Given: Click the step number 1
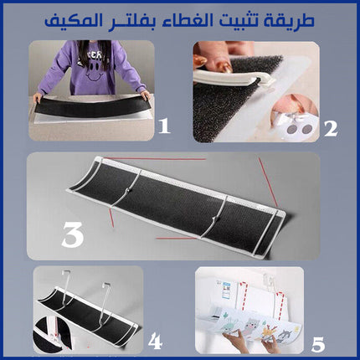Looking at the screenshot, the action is tap(164, 126).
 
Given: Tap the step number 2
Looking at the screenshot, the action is tap(331, 129).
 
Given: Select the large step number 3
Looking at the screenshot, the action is tap(73, 235).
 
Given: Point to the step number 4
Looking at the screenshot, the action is tap(155, 342).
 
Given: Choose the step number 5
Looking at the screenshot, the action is tap(318, 344).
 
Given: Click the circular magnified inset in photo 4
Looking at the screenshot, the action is tap(51, 335).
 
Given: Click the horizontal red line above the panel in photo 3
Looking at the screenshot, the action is tap(155, 159).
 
